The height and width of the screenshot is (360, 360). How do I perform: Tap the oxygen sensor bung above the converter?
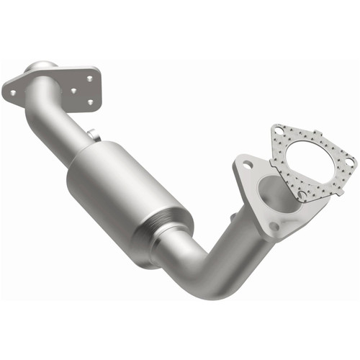pos(91,133)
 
